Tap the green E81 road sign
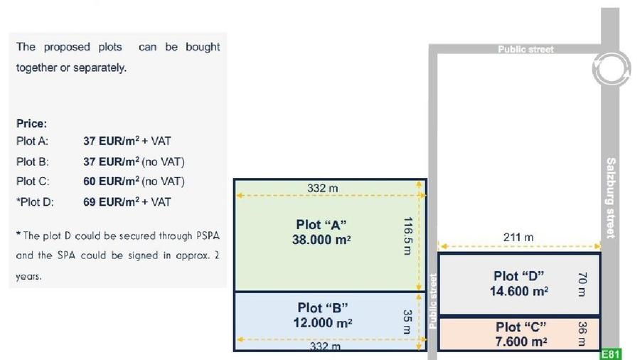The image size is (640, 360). (x=611, y=354)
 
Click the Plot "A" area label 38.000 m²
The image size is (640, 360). (x=321, y=240)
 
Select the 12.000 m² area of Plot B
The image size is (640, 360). (x=322, y=322)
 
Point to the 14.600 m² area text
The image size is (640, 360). (x=519, y=291)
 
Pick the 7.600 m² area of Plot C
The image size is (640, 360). (x=521, y=342)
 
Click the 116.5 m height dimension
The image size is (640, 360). (x=407, y=236)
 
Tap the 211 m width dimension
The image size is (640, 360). (x=518, y=237)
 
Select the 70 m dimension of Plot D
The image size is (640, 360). (x=582, y=284)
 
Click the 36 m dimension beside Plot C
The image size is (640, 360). (x=582, y=334)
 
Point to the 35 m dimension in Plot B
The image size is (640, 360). (x=407, y=322)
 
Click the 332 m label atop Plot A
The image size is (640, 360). (x=322, y=188)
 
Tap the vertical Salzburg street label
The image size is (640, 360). (x=611, y=198)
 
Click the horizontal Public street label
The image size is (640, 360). (x=526, y=49)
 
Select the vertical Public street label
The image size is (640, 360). (x=432, y=301)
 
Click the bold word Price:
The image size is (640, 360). (x=31, y=123)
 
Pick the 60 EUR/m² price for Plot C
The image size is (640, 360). (x=112, y=181)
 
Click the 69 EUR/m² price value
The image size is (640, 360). (x=112, y=201)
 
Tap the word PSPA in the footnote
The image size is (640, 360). (x=208, y=236)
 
